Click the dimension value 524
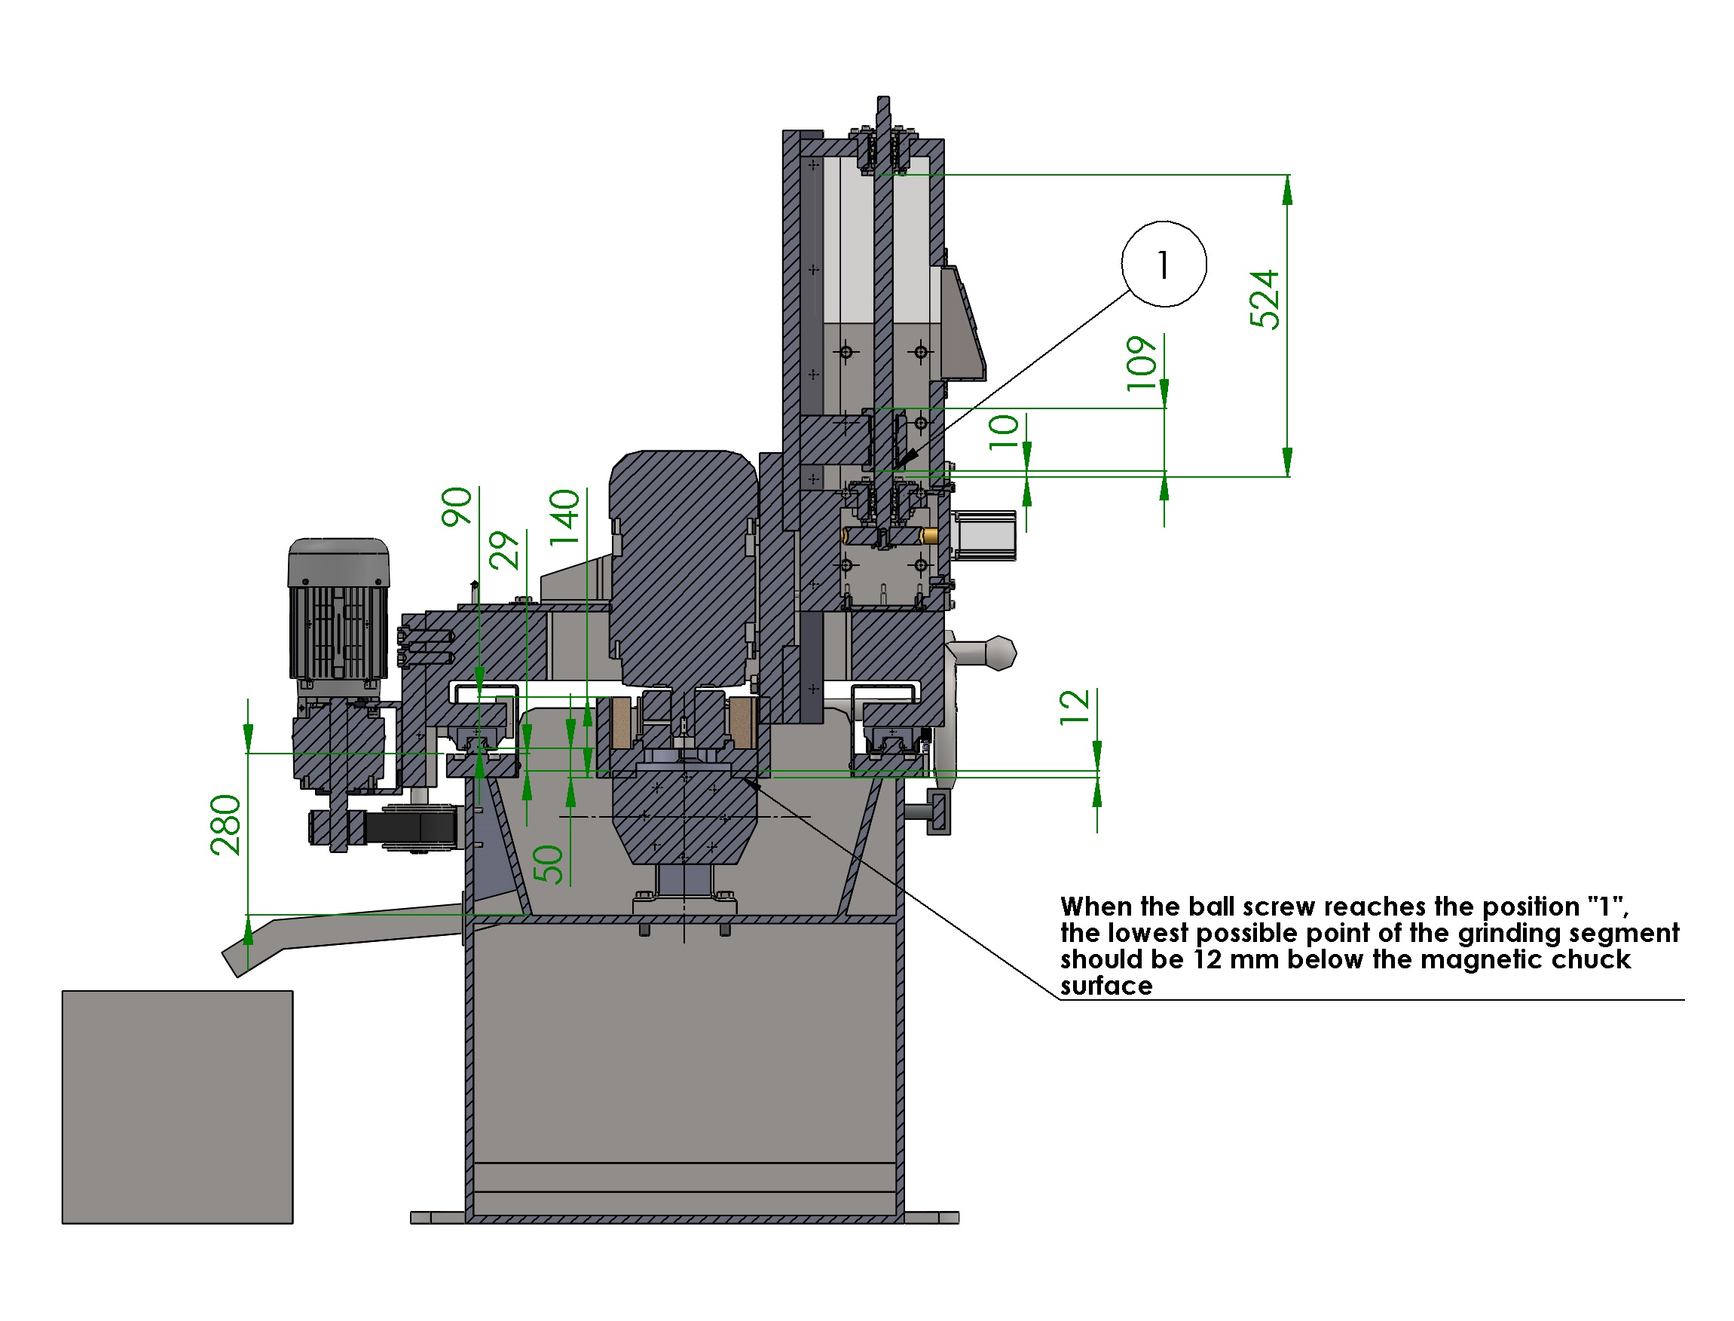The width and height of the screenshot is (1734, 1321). (x=1264, y=299)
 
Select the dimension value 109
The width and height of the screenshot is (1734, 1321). (x=1142, y=362)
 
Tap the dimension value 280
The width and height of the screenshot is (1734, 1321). (x=225, y=824)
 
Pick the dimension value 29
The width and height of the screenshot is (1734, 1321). (x=504, y=549)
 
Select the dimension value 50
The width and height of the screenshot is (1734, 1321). (x=548, y=864)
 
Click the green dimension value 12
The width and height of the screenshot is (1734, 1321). (x=1074, y=707)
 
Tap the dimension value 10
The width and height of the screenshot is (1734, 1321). (x=1004, y=431)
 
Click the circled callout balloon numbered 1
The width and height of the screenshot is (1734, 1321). (x=1163, y=265)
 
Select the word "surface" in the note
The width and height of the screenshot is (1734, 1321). (x=1106, y=986)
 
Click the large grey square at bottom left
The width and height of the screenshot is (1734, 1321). (x=177, y=1106)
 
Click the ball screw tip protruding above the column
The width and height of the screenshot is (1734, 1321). (x=882, y=110)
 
